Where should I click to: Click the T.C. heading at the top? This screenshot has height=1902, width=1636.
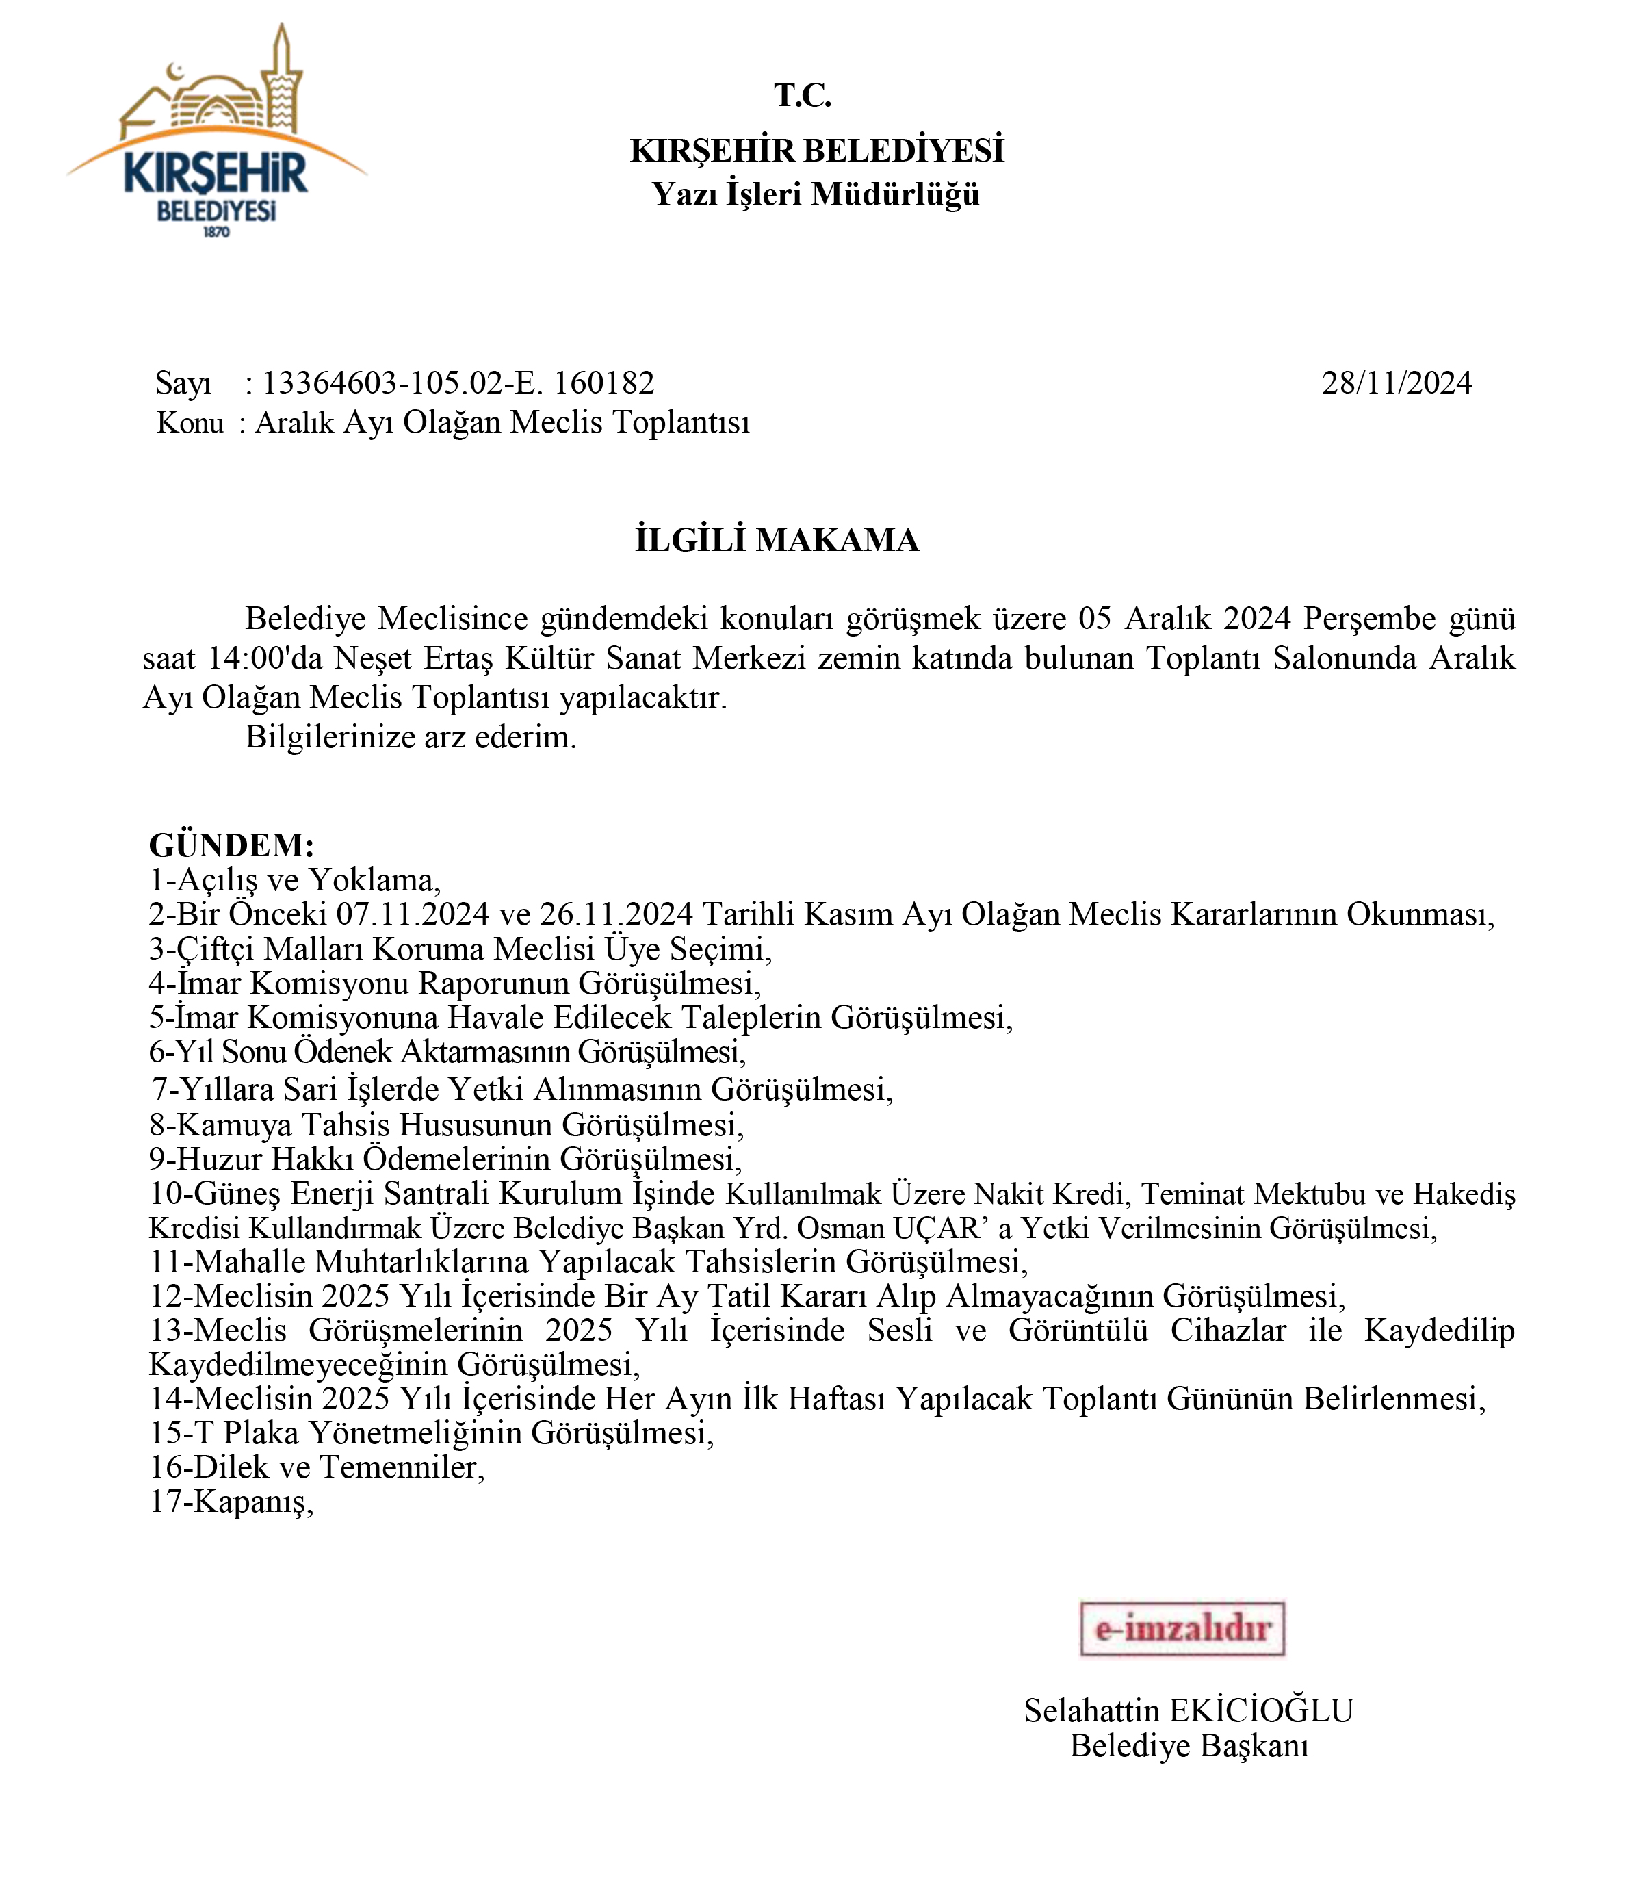point(802,95)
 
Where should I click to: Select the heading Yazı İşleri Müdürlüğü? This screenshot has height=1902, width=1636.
point(816,194)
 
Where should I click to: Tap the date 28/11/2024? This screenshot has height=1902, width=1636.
point(1396,383)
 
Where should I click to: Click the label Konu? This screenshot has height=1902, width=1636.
point(191,423)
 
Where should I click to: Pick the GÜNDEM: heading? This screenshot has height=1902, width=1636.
point(231,845)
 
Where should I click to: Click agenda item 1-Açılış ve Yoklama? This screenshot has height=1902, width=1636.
point(294,879)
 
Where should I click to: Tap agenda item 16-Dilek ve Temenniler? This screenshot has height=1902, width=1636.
point(317,1467)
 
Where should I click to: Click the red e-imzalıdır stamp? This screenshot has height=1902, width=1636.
point(1182,1628)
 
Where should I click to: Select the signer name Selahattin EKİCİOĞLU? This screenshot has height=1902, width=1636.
point(1189,1710)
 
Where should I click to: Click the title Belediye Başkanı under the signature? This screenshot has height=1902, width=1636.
point(1189,1745)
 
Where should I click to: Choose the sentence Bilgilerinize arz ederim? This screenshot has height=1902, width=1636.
point(410,737)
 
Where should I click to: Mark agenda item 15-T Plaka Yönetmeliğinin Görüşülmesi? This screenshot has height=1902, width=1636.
point(431,1433)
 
